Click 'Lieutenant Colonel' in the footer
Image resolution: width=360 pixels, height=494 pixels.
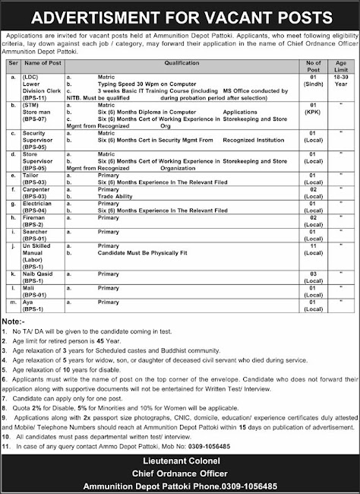179,461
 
